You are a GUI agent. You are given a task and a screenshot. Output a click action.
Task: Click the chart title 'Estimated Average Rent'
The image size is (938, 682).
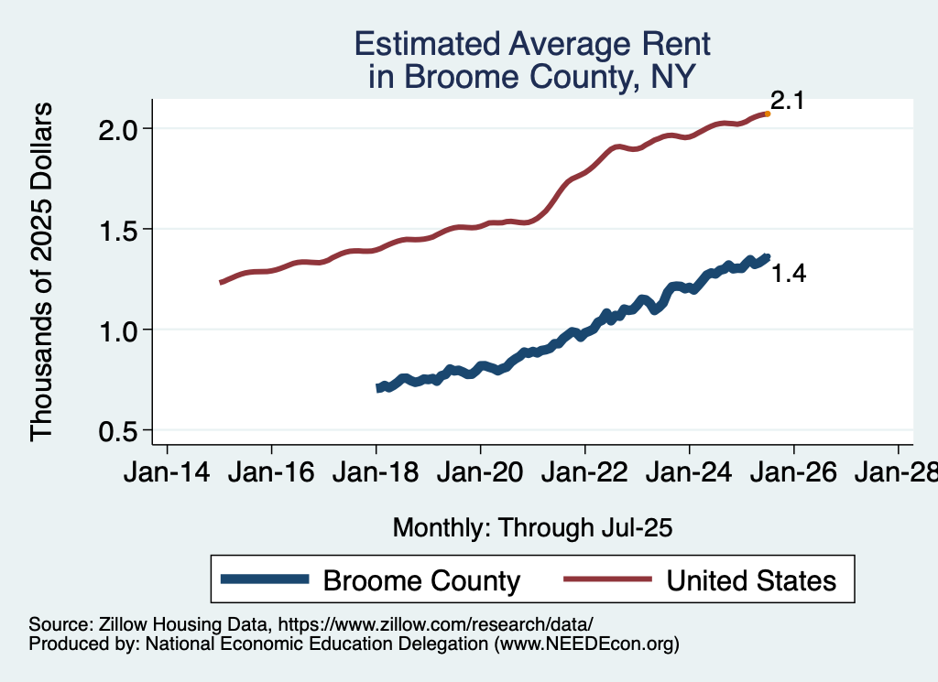[532, 44]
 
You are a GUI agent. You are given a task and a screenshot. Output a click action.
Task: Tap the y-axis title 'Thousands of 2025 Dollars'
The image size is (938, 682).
[42, 272]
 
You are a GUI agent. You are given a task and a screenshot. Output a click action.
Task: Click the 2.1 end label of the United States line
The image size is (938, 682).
[787, 102]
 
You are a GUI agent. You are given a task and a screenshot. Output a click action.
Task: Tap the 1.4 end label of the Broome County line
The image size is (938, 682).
[788, 273]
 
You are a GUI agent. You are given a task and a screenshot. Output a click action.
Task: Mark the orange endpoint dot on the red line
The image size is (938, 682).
[767, 114]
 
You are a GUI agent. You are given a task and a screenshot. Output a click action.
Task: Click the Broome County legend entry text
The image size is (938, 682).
[422, 580]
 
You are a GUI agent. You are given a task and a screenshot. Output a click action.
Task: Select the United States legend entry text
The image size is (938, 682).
[751, 580]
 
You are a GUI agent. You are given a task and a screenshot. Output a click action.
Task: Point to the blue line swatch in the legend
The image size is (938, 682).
[266, 580]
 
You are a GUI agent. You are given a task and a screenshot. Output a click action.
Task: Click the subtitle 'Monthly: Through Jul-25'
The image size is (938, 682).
[532, 528]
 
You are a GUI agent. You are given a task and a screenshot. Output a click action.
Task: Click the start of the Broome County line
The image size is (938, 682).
[379, 388]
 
